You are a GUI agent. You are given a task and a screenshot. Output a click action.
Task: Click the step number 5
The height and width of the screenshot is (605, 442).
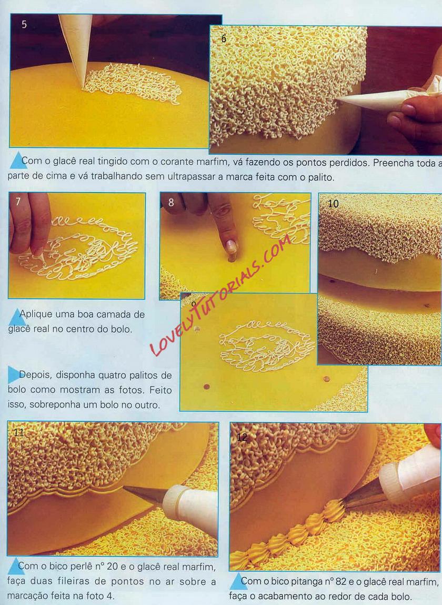tap(24, 24)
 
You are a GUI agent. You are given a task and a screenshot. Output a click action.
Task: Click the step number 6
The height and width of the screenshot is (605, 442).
tap(224, 38)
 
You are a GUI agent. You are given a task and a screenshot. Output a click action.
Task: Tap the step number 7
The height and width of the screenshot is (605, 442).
tap(18, 202)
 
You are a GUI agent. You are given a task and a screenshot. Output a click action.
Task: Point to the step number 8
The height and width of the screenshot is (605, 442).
tap(171, 202)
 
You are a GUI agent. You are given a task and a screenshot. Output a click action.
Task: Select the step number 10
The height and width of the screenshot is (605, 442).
tap(333, 203)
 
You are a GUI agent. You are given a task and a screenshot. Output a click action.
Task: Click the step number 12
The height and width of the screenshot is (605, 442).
tap(242, 437)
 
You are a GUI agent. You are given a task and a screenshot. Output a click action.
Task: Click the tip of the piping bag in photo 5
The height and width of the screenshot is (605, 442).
tap(83, 87)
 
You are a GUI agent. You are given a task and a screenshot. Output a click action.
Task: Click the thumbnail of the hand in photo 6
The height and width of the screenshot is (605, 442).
tap(394, 121)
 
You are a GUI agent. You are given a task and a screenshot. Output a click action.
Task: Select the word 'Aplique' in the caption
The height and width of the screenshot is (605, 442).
tap(36, 314)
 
